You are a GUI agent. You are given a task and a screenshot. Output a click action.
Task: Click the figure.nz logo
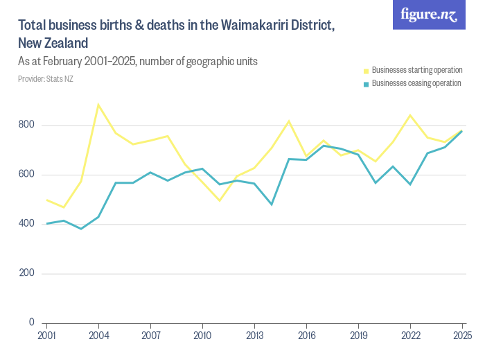coord(429,15)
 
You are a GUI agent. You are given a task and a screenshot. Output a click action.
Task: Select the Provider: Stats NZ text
coord(46,79)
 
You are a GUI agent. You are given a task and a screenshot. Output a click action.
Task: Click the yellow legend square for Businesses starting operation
coord(367,71)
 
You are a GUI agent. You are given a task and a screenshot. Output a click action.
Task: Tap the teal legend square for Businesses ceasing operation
coord(367,84)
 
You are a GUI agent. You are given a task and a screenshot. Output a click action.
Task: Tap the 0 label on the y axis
coord(32,322)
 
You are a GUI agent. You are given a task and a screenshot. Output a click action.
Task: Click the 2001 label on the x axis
coord(46,336)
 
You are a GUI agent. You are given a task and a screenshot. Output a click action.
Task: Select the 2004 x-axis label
coord(98,336)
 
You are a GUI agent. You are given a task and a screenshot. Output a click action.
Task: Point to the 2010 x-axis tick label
coord(202,336)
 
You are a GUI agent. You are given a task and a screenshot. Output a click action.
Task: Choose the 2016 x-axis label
coord(306,336)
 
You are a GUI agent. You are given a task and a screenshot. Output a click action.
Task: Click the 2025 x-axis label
coord(462,336)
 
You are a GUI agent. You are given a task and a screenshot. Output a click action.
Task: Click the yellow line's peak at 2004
coord(98,105)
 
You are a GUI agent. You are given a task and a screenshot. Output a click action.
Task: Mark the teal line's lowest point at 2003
coord(81,229)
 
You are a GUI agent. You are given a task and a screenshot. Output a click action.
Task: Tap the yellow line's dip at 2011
coord(220,200)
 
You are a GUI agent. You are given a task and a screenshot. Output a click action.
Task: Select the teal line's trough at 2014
coord(272,205)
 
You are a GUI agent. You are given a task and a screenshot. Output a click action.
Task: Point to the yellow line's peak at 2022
coord(410,115)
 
